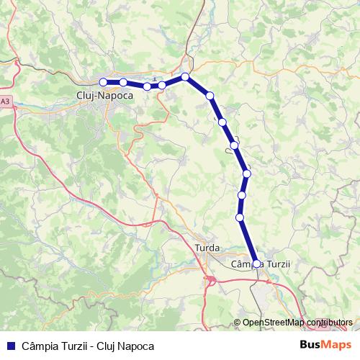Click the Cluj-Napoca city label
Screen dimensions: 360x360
click(104, 94)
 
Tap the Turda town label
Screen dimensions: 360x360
click(208, 248)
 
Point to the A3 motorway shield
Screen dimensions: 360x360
click(5, 102)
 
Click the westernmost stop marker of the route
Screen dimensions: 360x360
click(103, 81)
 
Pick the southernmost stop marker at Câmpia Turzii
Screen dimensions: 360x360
click(256, 264)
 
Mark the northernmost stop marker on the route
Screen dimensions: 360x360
click(185, 76)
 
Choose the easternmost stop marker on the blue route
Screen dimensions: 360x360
click(256, 264)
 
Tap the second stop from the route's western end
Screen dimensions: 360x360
click(124, 82)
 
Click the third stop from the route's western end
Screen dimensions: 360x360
click(147, 86)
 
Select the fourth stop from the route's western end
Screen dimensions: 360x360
click(162, 85)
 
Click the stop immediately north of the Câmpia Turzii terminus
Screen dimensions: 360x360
click(240, 217)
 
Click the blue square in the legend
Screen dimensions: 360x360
click(9, 346)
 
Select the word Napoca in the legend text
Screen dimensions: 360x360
click(136, 346)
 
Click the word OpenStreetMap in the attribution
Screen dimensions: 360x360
click(273, 322)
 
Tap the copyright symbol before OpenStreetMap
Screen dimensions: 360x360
click(238, 322)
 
